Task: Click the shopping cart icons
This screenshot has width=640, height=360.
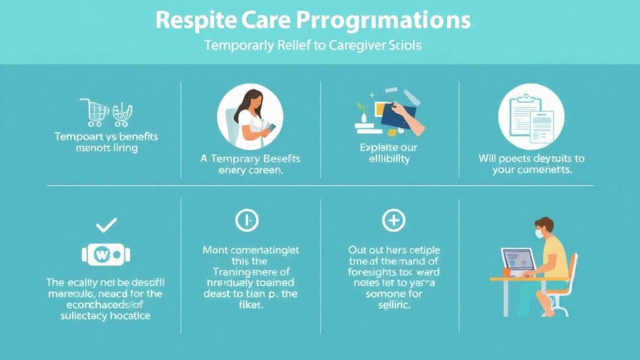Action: click(106, 112)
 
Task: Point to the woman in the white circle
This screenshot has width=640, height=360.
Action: click(249, 116)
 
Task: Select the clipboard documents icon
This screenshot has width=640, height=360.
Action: click(531, 116)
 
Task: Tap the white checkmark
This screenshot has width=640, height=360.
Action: click(106, 224)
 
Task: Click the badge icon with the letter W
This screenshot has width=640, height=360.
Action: click(106, 254)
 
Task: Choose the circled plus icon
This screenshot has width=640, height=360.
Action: click(393, 220)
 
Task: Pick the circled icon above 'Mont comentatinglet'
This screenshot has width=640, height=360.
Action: click(247, 220)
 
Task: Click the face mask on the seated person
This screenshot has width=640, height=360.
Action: click(538, 234)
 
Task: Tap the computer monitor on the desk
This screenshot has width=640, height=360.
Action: click(517, 260)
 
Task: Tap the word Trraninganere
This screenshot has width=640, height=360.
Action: click(251, 272)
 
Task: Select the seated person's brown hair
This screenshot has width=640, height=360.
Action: click(544, 223)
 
